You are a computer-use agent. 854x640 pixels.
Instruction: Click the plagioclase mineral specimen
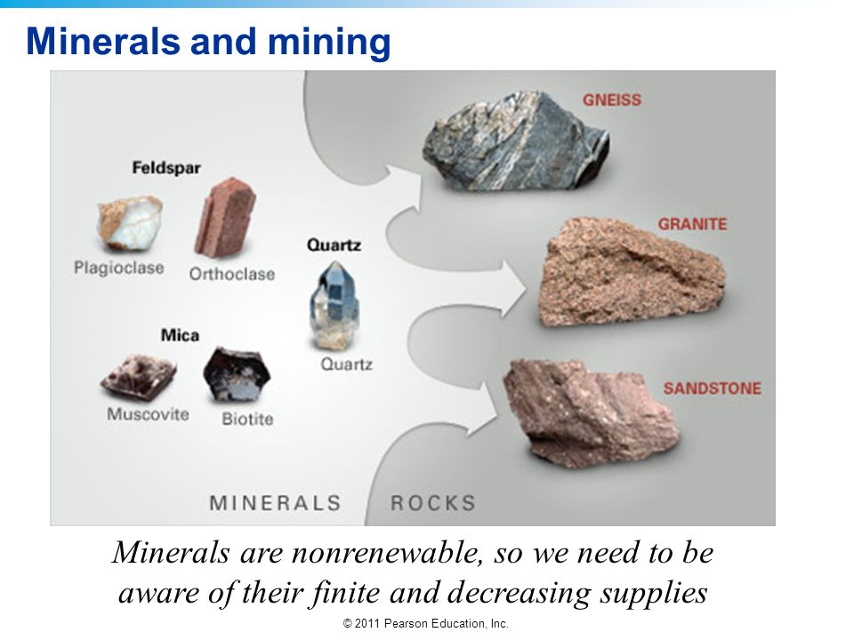coord(130,224)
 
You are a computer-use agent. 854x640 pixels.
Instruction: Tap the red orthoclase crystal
coord(224,218)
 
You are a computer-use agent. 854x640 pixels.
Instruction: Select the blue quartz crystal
coord(334,305)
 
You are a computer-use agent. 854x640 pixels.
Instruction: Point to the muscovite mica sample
coord(139,377)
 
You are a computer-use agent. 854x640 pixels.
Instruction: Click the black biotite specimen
coord(237,374)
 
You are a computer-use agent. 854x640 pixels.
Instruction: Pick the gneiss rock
coord(515,141)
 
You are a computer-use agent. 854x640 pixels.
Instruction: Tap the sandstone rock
coord(589,413)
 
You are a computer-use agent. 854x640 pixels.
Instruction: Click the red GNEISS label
coord(612,100)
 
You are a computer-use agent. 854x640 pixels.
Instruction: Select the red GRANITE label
coord(692,224)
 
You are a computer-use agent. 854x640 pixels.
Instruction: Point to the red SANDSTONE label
coord(713,388)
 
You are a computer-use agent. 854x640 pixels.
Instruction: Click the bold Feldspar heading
coord(166,168)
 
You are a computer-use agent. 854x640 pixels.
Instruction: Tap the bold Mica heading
coord(180,335)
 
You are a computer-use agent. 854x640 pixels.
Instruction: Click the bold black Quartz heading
coord(334,245)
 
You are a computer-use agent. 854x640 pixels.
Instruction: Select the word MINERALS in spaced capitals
coord(275,503)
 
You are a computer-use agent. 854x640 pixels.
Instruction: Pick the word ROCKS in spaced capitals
coord(433,503)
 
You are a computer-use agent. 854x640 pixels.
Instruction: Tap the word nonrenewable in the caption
coord(387,553)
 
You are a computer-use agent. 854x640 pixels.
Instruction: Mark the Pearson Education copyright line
coord(426,624)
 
